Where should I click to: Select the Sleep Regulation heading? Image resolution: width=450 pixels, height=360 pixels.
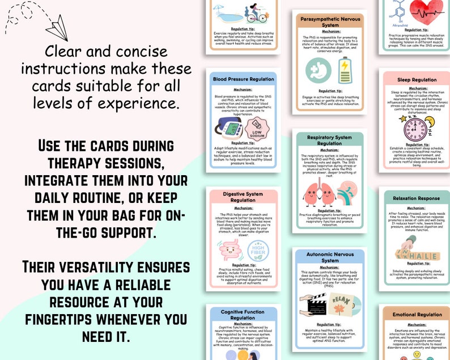417,80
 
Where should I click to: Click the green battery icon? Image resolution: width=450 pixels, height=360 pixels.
345,70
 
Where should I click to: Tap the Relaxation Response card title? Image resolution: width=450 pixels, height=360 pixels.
417,199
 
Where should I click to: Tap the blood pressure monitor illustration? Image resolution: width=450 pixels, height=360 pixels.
227,128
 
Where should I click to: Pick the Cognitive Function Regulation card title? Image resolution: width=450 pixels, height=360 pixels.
242,315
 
